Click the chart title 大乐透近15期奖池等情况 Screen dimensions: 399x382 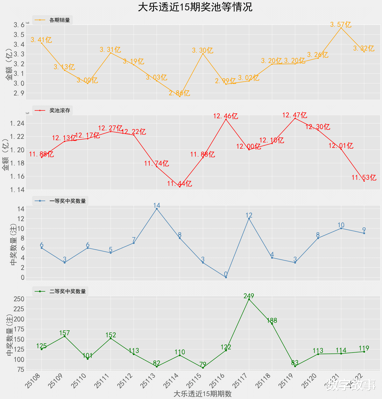(195, 7)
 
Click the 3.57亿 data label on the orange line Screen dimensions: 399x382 (341, 24)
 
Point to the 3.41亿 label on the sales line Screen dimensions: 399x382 (41, 40)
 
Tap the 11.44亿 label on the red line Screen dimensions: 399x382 (180, 184)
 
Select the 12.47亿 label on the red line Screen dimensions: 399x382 (295, 115)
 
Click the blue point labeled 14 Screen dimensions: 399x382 (157, 209)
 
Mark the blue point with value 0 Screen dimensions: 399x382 (226, 277)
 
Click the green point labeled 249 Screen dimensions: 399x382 (249, 299)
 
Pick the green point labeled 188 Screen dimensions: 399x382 (272, 324)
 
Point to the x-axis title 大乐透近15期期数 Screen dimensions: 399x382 (202, 394)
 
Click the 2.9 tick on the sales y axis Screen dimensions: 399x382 (19, 93)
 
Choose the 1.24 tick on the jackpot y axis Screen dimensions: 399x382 (17, 123)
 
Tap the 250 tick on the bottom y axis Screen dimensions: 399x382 (19, 299)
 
